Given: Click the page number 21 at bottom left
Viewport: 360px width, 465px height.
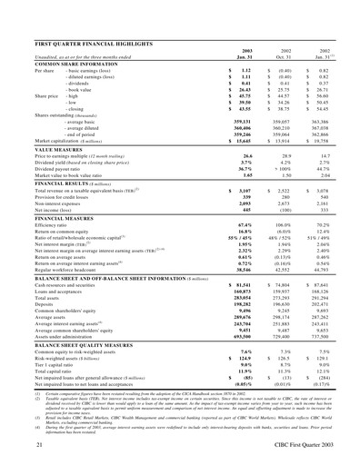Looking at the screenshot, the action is point(40,449).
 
